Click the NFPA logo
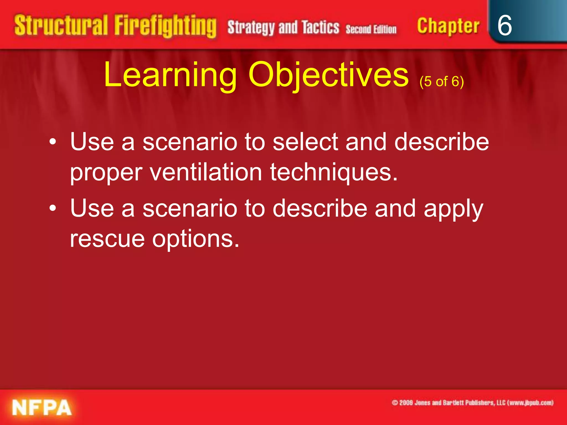click(x=42, y=408)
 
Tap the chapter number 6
click(x=504, y=25)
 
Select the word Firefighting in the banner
click(x=165, y=26)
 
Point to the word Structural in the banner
click(x=61, y=25)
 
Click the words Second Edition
click(x=371, y=29)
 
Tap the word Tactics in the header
click(x=320, y=27)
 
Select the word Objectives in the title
click(x=328, y=75)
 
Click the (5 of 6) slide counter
click(x=441, y=82)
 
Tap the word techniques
click(x=334, y=173)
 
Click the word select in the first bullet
click(x=305, y=142)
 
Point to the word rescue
click(x=107, y=239)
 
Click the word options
click(x=195, y=239)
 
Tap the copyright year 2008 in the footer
click(x=406, y=403)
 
